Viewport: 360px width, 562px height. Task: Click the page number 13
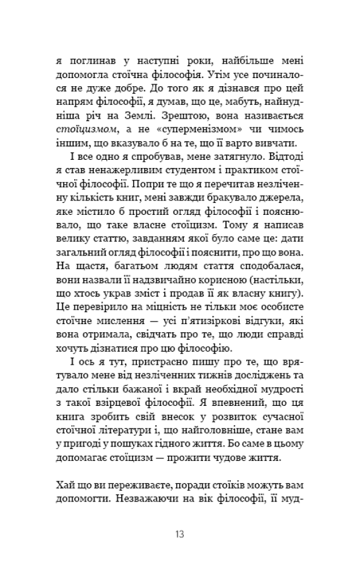(179, 534)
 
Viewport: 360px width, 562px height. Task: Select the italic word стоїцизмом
(85, 130)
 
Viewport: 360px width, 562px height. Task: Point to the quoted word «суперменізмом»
(201, 130)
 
